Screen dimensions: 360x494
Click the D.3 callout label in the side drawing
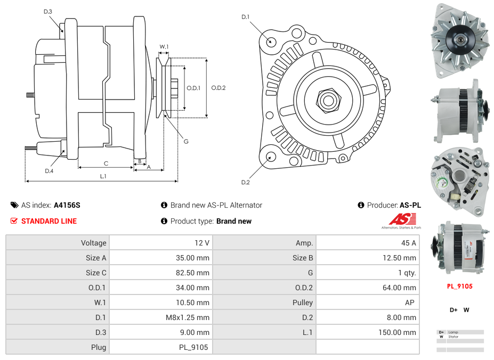point(47,11)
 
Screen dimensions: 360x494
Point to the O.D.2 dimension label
point(218,88)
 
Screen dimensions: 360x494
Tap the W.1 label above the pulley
point(164,47)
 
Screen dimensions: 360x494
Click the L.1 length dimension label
point(103,176)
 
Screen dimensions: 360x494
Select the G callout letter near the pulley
point(186,142)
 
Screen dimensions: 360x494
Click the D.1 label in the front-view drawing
point(246,17)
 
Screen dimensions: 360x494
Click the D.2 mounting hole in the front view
point(271,157)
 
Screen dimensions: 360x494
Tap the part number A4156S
point(67,205)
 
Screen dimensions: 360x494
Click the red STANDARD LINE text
point(48,221)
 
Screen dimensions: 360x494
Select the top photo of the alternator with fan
point(459,37)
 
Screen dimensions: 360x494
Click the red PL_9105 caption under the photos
point(459,286)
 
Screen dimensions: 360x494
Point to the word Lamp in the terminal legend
point(453,332)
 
